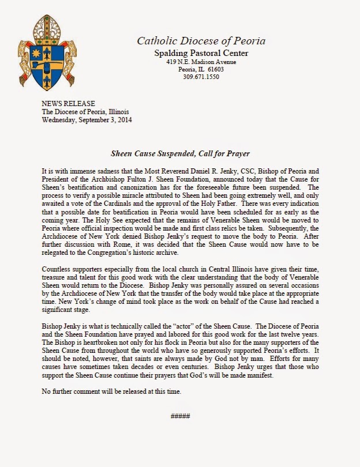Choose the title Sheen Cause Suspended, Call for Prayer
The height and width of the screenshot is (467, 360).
(180, 154)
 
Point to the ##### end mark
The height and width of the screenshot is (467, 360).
(179, 416)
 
